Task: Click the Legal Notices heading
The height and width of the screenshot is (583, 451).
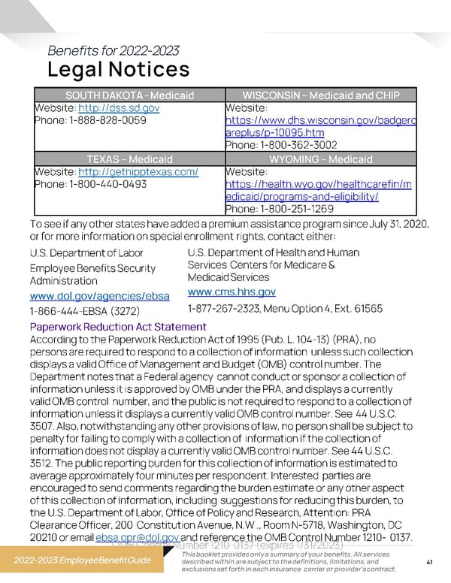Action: click(118, 70)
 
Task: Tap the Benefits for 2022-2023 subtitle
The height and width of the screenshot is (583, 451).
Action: click(113, 51)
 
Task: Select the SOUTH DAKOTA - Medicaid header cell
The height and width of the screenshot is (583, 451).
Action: click(129, 95)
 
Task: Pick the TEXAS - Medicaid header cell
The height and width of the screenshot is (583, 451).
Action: click(129, 159)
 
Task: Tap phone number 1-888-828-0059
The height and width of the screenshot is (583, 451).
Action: click(90, 120)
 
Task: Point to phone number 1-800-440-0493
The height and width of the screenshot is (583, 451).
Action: click(90, 184)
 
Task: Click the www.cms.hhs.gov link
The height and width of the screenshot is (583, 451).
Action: click(232, 292)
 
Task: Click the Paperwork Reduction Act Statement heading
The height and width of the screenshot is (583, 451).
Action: click(117, 327)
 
